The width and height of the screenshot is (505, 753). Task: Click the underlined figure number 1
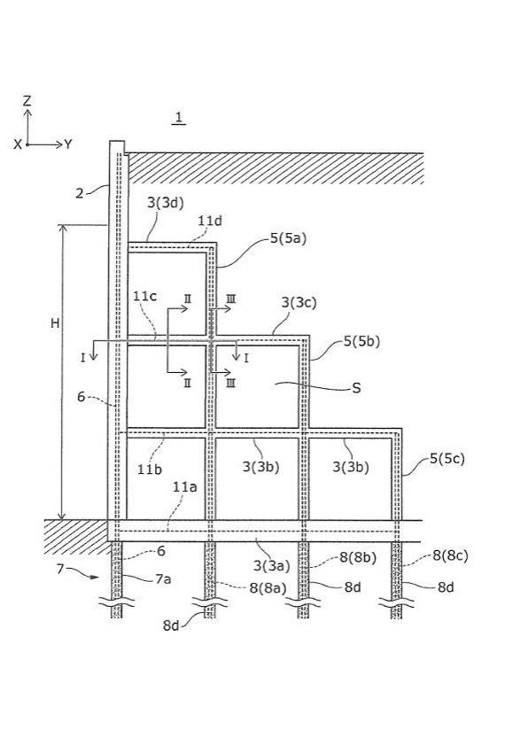(x=179, y=117)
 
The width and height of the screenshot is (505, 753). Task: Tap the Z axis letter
(x=27, y=101)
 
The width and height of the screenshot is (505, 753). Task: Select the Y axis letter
(x=67, y=144)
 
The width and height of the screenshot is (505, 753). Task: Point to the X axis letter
(x=18, y=144)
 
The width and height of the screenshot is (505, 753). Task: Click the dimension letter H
(x=55, y=323)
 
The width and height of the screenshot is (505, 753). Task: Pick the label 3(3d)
(x=166, y=203)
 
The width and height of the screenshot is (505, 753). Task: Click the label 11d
(x=210, y=221)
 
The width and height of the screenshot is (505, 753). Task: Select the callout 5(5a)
(x=288, y=238)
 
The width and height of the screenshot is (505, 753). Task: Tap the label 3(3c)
(x=299, y=303)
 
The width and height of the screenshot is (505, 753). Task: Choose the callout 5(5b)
(x=361, y=341)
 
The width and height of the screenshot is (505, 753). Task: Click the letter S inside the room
(x=356, y=388)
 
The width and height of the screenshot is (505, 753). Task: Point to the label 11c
(x=144, y=296)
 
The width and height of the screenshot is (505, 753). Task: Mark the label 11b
(x=150, y=470)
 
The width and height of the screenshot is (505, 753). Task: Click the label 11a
(x=185, y=487)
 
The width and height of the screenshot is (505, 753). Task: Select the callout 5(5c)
(x=447, y=459)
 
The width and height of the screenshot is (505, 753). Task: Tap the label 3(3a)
(x=271, y=565)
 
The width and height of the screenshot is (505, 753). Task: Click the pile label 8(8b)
(x=358, y=557)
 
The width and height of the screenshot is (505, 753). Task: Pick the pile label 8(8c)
(x=450, y=555)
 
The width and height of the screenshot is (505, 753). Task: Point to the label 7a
(x=163, y=579)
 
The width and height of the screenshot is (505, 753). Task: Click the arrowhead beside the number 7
(x=96, y=577)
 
